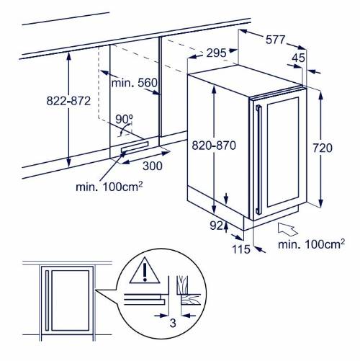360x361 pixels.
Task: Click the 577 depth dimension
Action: [275, 40]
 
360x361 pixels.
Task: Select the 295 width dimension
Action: [216, 53]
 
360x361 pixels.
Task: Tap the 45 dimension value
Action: [298, 58]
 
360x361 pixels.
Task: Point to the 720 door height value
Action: [323, 148]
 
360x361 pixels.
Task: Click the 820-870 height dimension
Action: [214, 146]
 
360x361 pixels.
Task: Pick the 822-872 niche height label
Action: [68, 101]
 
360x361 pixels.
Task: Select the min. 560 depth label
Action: [135, 83]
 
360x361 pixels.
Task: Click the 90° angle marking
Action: [124, 120]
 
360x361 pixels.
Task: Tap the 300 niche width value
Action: [153, 166]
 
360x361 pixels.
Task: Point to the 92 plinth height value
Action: [216, 226]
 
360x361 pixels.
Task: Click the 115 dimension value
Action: [241, 249]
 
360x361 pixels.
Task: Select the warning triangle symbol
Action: [145, 271]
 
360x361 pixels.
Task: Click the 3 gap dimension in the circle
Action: [173, 323]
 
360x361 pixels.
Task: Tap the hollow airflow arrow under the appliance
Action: [287, 229]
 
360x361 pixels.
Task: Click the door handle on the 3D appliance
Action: [258, 159]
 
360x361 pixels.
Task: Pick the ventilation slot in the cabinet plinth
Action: [135, 147]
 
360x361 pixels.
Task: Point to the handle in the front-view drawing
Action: [47, 300]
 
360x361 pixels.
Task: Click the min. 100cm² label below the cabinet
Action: [109, 187]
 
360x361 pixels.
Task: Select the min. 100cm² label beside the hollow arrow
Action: [311, 244]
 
